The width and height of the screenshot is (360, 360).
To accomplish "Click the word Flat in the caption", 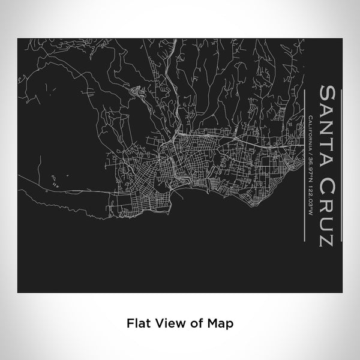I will tap(137, 323).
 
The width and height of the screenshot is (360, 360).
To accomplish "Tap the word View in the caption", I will tap(164, 323).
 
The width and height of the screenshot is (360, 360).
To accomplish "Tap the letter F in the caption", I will tap(128, 323).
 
